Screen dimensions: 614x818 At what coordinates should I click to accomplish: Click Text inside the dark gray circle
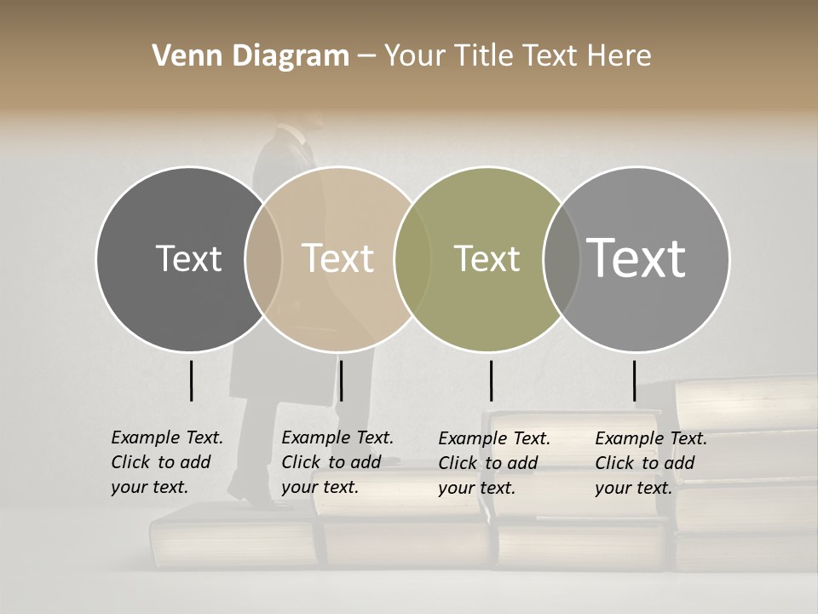pos(188,258)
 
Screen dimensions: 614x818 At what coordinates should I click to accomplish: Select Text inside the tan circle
pos(338,258)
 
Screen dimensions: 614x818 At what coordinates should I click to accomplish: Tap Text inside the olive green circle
pos(487,258)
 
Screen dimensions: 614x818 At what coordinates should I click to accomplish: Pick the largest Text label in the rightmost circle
pos(637,258)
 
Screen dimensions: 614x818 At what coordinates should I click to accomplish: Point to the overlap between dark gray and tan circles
pos(263,258)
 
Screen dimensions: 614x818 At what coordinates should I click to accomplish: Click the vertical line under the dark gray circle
pos(191,380)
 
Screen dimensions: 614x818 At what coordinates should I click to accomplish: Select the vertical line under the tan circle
pos(341,380)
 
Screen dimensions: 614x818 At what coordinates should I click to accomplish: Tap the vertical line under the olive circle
pos(491,380)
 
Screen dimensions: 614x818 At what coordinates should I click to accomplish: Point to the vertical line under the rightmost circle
pos(634,380)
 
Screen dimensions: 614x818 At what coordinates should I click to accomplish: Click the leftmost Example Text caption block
pos(166,462)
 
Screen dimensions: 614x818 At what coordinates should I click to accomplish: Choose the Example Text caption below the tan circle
pos(337,462)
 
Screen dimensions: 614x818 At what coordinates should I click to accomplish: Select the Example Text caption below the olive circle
pos(493,463)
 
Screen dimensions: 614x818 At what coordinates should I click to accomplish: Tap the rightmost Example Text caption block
pos(650,463)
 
